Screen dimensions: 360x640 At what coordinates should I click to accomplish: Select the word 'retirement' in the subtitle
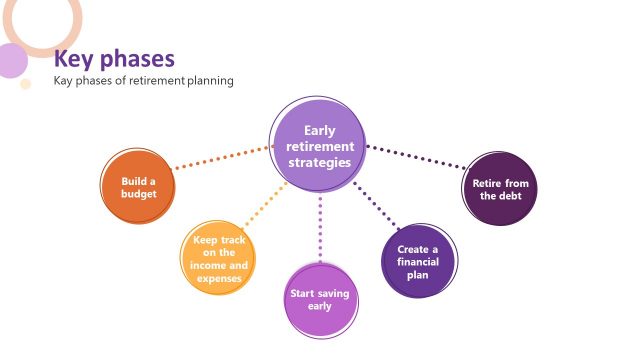150,80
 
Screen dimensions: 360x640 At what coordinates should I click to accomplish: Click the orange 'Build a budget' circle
137,187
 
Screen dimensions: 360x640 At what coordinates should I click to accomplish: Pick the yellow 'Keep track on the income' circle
218,259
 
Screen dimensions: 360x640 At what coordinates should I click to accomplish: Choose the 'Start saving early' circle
319,299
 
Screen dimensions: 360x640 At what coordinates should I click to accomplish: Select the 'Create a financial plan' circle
418,262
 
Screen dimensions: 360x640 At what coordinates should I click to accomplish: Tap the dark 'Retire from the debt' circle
500,189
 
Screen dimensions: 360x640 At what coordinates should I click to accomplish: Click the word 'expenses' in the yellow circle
219,279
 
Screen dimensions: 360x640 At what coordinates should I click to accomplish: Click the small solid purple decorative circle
10,60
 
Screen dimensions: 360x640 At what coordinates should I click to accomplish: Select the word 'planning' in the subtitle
210,80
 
